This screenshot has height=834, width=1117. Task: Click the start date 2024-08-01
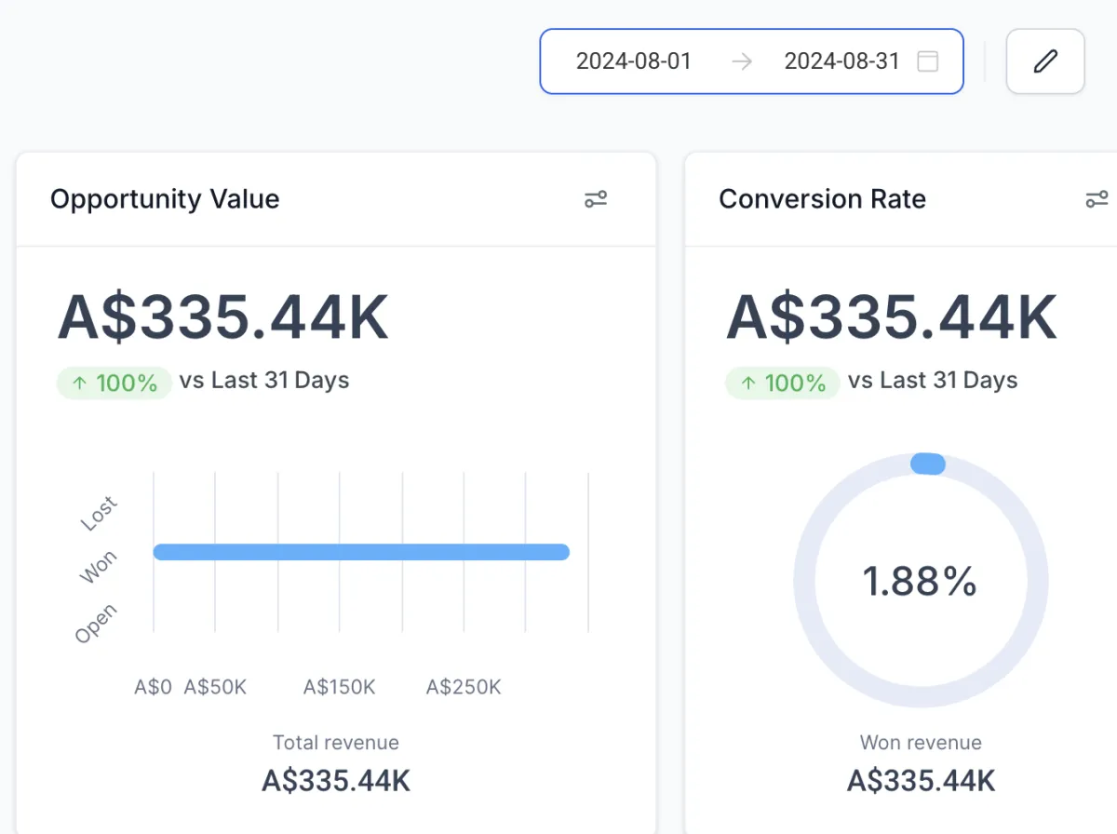coord(634,61)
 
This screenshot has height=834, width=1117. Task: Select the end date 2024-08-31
coord(841,61)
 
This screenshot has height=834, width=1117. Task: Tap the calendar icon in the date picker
coord(927,61)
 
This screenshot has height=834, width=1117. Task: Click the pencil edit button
coord(1045,61)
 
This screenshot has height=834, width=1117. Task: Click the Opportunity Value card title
coord(165,199)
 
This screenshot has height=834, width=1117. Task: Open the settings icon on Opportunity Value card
coord(596,199)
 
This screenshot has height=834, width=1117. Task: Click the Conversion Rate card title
coord(822,199)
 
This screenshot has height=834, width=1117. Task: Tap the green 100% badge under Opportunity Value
coord(114,383)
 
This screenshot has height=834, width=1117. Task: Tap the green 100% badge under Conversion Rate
coord(783,383)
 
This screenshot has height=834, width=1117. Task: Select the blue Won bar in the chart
coord(361,552)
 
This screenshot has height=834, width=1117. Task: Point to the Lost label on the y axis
coord(99,514)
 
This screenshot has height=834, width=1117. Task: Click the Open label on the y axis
coord(97,624)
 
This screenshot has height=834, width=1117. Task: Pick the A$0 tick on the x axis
coord(154,687)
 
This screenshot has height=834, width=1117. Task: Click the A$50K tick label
coord(215,687)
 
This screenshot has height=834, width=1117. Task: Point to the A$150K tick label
coord(339,687)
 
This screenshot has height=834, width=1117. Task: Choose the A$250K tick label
coord(464,687)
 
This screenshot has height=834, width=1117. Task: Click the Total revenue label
coord(335,743)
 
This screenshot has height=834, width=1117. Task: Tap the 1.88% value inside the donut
coord(920,582)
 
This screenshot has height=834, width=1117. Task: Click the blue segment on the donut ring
coord(927,464)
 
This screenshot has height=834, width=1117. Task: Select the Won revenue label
coord(921,743)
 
